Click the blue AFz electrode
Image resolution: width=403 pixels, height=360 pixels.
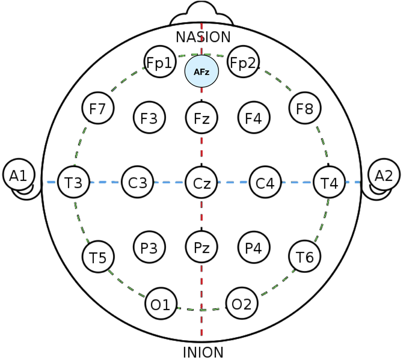coord(202,71)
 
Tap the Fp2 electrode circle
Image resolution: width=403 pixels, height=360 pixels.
coord(243,63)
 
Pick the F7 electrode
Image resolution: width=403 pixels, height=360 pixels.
coord(97,109)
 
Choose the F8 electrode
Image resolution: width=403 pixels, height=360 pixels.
coord(305,109)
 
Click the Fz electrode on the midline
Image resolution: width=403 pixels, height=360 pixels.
coord(202,118)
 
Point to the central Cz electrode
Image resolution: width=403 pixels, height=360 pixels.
coord(202,182)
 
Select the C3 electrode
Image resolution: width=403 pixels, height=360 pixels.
coord(138,182)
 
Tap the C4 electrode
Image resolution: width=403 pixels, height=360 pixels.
coord(265,182)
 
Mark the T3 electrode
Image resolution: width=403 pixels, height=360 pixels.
coord(74,182)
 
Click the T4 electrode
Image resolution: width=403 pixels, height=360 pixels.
coord(329,182)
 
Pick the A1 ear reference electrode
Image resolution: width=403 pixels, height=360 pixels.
coord(18,175)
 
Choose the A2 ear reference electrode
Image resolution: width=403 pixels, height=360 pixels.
coord(384,175)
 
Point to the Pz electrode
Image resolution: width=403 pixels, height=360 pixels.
coord(202,246)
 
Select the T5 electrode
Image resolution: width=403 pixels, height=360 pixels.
coord(97,257)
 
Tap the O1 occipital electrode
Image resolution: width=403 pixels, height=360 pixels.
coord(161,304)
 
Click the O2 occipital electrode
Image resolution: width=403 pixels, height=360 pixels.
coord(242,304)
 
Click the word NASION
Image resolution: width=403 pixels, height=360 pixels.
coord(203,37)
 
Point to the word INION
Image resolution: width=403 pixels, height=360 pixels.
coord(203,352)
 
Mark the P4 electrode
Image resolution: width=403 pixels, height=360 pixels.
coord(253,248)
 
